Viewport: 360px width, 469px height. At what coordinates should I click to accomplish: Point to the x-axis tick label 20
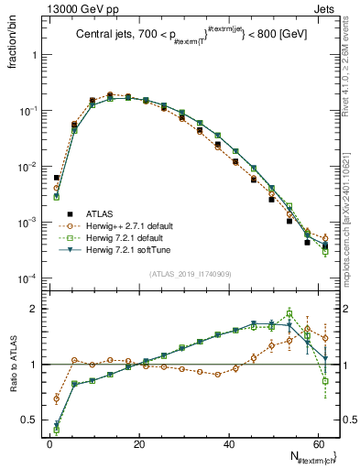click(x=137, y=442)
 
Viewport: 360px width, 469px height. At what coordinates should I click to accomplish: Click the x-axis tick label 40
click(x=227, y=442)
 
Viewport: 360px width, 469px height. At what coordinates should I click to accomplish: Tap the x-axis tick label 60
click(x=316, y=442)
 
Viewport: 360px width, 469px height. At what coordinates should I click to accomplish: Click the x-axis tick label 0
click(x=49, y=442)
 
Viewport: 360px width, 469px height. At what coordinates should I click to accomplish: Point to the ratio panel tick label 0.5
click(x=31, y=420)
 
